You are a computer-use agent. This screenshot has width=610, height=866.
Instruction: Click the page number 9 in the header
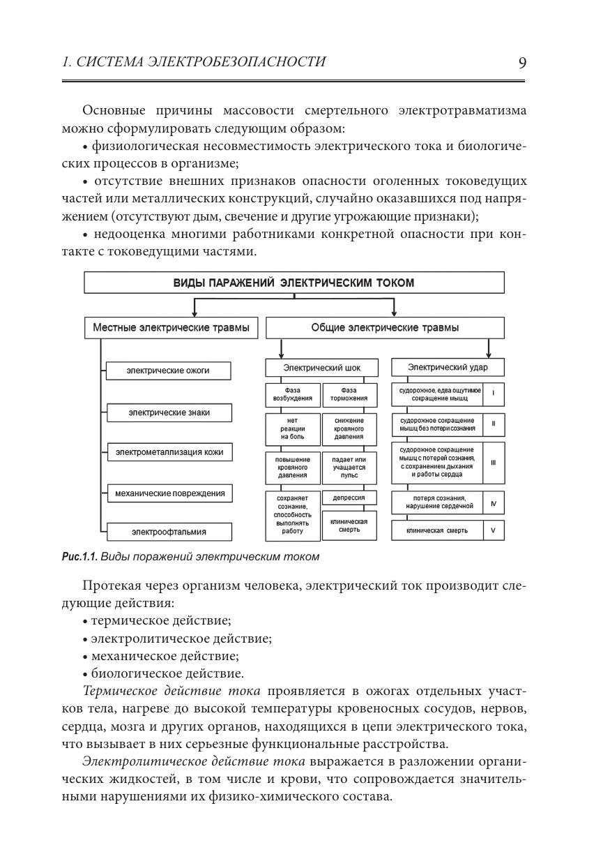[522, 63]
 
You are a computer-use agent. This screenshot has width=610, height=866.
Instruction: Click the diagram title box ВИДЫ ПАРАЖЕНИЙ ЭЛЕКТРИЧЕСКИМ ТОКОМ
[293, 283]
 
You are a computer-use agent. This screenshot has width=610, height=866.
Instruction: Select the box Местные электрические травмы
[171, 328]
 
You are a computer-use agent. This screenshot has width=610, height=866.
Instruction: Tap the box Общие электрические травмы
[385, 328]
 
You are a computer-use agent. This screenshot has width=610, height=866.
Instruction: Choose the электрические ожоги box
[168, 371]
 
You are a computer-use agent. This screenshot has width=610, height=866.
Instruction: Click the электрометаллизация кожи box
[169, 453]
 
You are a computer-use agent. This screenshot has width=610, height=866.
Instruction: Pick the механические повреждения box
[170, 493]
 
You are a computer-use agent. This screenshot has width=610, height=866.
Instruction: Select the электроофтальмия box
[169, 532]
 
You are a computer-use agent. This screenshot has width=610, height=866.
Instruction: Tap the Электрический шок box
[321, 367]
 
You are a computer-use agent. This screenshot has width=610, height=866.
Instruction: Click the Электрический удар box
[448, 367]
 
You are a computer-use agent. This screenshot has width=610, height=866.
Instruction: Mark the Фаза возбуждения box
[293, 394]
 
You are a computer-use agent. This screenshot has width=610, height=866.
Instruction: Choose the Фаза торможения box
[349, 394]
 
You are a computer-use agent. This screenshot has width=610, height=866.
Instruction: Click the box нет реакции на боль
[293, 428]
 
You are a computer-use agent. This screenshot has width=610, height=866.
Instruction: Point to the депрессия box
[349, 498]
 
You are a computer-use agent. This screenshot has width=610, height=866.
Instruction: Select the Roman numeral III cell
[493, 461]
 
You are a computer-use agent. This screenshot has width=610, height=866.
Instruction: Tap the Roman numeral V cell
[493, 530]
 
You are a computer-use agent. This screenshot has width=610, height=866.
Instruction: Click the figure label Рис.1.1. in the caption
[79, 557]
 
